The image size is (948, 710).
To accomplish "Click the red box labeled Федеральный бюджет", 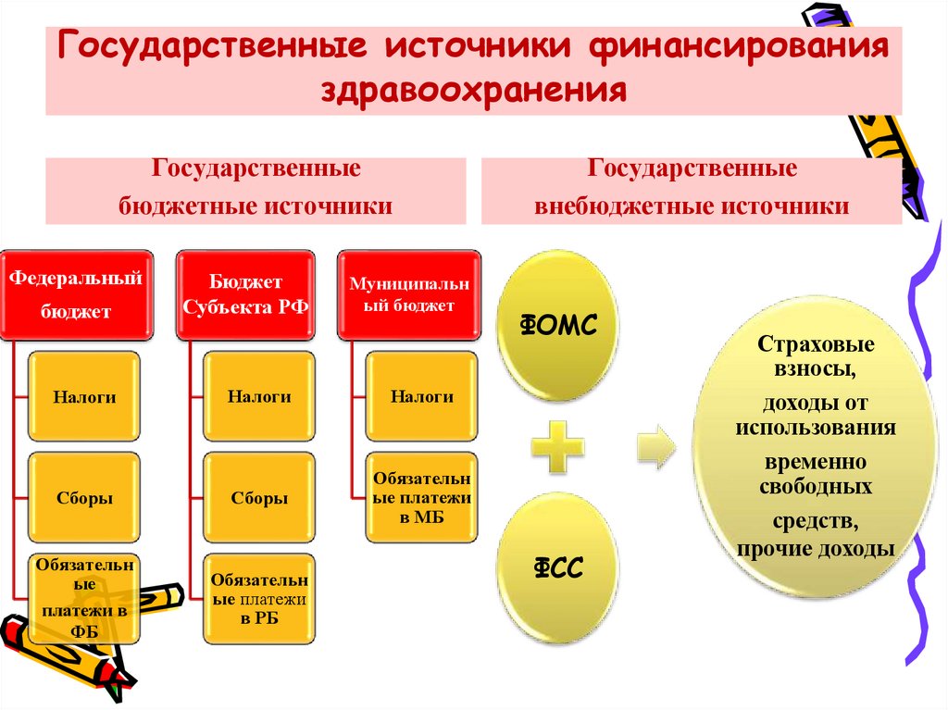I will point(75,293).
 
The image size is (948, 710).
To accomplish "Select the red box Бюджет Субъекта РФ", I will point(245,293).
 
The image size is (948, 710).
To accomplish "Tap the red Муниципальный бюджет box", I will point(408,293).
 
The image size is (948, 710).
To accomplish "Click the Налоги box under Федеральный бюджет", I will point(84,396).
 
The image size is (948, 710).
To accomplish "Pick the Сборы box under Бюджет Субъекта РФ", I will point(259,498).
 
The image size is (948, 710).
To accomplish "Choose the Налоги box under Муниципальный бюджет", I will point(422,396).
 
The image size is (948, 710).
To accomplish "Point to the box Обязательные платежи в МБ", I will point(422,498).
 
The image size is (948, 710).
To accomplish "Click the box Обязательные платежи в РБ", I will point(259,599).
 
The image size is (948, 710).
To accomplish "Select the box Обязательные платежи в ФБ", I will point(84,599).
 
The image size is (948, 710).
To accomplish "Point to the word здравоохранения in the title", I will point(474,91).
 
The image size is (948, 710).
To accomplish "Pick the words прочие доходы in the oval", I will point(816,549).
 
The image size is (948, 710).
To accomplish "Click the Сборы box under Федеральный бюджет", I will point(84,498).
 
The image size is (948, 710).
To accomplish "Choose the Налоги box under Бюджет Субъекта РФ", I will point(259,396).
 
